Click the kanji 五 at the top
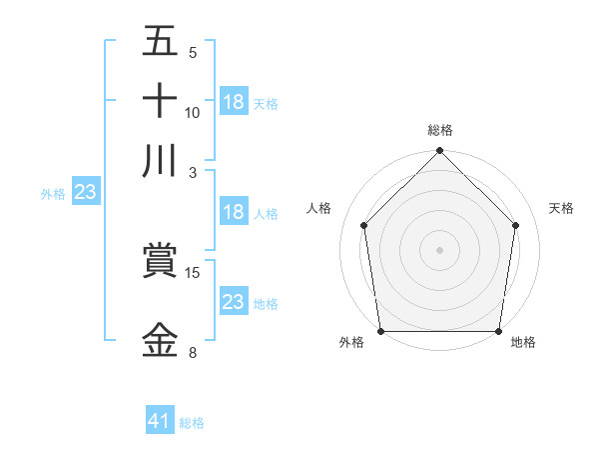[x=160, y=42]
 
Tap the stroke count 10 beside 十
[x=193, y=112]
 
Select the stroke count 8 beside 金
[x=193, y=352]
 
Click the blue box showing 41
[x=160, y=421]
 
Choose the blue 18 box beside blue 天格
[x=234, y=102]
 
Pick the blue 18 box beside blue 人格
[x=234, y=212]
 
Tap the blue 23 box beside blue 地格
[x=234, y=302]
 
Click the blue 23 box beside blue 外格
[x=85, y=192]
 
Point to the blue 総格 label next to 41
[x=192, y=423]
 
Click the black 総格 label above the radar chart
[x=440, y=130]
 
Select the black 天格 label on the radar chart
[x=562, y=208]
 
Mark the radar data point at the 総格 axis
[x=440, y=152]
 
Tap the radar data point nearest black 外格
[x=380, y=331]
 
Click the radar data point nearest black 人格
[x=363, y=225]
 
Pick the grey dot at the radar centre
[x=440, y=249]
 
